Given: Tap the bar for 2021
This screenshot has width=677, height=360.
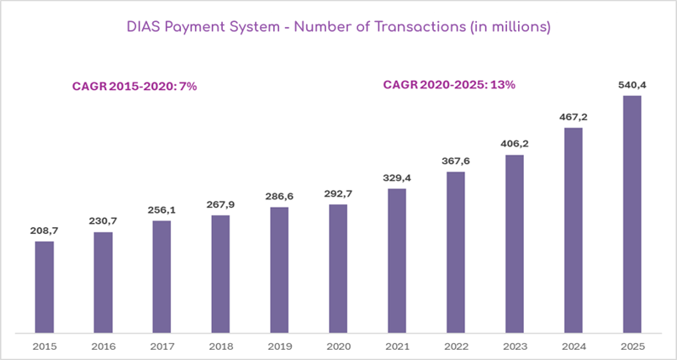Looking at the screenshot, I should click(x=397, y=260).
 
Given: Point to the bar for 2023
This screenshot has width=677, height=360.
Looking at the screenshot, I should click(x=514, y=243).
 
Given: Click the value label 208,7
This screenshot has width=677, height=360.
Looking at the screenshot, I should click(x=44, y=230).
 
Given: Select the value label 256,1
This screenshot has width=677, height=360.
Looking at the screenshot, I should click(x=161, y=209).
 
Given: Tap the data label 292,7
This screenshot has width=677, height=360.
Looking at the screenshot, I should click(x=338, y=193).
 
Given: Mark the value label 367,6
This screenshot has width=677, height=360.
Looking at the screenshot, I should click(x=456, y=161).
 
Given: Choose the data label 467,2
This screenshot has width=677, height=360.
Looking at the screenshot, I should click(x=573, y=117).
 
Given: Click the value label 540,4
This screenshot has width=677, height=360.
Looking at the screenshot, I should click(x=632, y=84).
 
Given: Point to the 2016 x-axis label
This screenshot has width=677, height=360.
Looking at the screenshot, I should click(x=103, y=346).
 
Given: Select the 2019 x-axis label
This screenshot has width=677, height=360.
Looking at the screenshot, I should click(x=279, y=346).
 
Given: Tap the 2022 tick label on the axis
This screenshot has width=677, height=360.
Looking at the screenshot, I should click(x=456, y=346).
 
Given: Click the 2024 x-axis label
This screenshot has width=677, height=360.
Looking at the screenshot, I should click(x=573, y=346).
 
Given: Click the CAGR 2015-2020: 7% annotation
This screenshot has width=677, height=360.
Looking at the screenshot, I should click(x=134, y=87).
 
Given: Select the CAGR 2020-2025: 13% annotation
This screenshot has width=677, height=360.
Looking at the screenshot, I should click(x=449, y=84).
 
